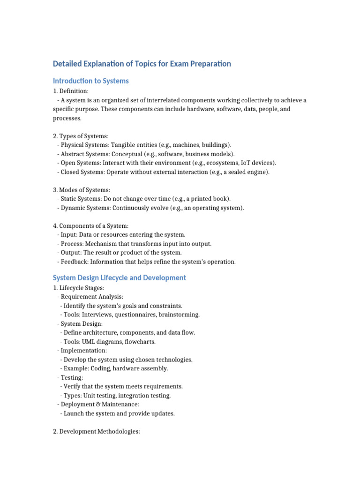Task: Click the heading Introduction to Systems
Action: [x=90, y=81]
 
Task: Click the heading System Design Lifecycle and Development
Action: [x=119, y=278]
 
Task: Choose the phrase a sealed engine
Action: [x=247, y=172]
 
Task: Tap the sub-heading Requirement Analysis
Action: [x=92, y=297]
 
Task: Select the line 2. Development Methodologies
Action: [x=97, y=431]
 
